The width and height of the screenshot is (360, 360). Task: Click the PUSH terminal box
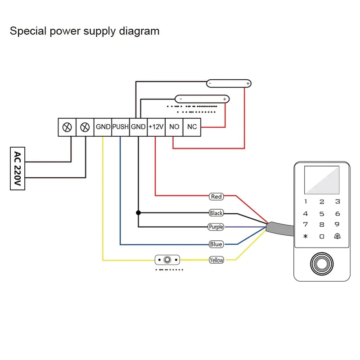120,127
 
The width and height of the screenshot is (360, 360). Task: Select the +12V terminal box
156,127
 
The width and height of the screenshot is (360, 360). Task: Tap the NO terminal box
174,127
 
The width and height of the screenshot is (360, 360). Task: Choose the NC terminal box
192,127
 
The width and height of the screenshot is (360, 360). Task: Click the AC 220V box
18,168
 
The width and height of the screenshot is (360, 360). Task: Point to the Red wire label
216,197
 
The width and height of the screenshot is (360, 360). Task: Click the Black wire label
216,213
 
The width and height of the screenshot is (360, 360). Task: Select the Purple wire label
216,227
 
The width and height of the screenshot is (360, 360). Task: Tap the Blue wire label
216,244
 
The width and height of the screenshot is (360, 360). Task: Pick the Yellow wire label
216,260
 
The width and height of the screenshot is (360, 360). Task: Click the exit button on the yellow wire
167,260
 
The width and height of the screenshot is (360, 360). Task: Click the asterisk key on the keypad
306,236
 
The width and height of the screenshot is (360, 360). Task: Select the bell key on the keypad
337,236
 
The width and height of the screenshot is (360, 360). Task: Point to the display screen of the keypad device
321,180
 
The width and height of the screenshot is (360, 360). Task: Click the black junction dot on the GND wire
138,212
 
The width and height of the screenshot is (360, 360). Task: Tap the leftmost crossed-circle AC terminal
67,127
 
